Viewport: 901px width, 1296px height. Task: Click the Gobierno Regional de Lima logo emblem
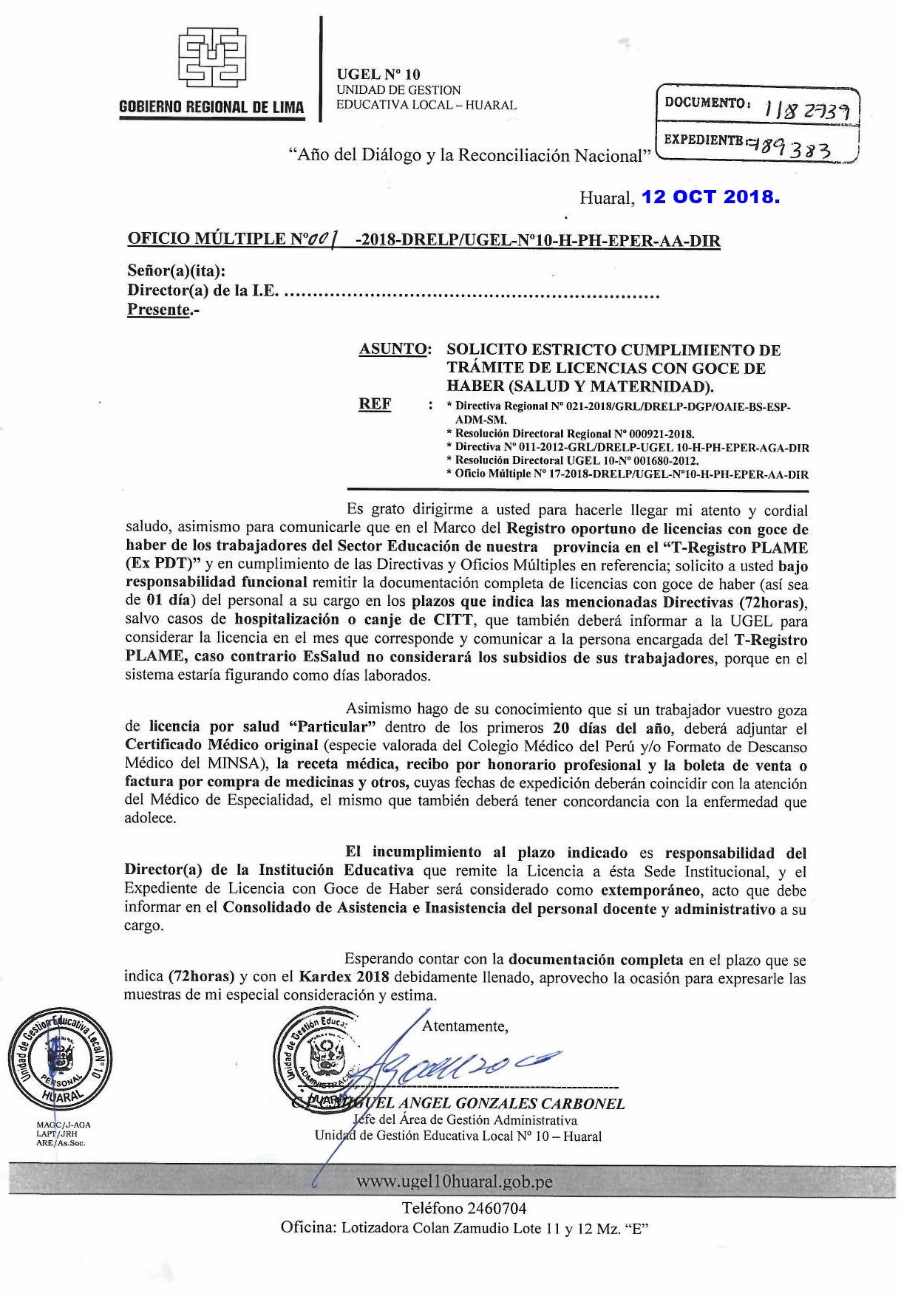pyautogui.click(x=212, y=58)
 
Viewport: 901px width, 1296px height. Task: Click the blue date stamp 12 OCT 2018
pyautogui.click(x=710, y=197)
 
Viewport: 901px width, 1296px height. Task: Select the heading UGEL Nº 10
pyautogui.click(x=378, y=75)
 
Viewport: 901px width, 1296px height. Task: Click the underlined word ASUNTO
pyautogui.click(x=394, y=349)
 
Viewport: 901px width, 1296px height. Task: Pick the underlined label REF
pyautogui.click(x=375, y=404)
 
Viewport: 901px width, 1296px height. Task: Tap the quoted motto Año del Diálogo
pyautogui.click(x=469, y=155)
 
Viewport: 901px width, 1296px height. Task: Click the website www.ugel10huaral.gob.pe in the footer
pyautogui.click(x=454, y=1181)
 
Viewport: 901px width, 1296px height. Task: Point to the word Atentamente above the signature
pyautogui.click(x=464, y=1026)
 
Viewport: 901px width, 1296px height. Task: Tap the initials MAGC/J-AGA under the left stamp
pyautogui.click(x=64, y=1125)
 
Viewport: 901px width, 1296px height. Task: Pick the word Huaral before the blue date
pyautogui.click(x=606, y=197)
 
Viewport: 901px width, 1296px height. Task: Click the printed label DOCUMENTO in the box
pyautogui.click(x=705, y=103)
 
